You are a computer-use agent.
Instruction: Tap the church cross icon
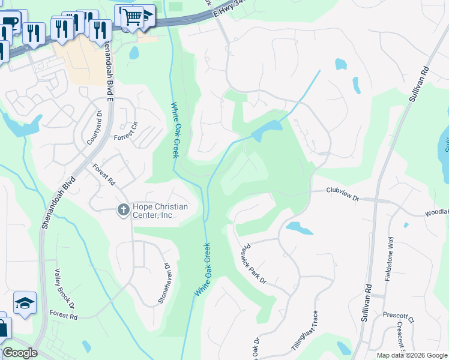[x=123, y=209]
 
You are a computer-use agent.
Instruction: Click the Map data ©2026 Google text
[x=412, y=355]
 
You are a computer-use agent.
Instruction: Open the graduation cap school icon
[x=25, y=303]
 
